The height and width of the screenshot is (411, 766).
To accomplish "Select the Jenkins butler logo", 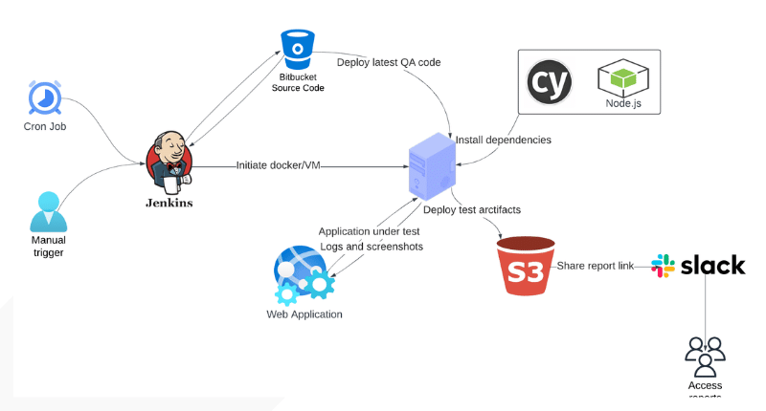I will pos(169,161).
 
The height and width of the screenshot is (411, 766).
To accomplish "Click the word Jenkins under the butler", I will pos(170,203).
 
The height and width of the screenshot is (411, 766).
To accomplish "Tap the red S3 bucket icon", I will pos(526,267).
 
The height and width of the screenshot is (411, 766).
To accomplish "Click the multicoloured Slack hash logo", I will pos(663,265).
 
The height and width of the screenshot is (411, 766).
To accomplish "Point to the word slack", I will pos(712,264).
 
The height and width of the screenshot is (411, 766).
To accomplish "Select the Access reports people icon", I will pos(705,357).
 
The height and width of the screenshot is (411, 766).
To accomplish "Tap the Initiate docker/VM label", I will pos(278,165).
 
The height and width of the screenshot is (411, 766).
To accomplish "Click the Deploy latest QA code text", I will pos(389,62).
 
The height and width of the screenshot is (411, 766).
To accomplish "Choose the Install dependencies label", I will pos(503,140).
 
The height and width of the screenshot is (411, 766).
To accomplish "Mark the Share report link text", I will pos(595,266).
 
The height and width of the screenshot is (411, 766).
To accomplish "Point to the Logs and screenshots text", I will pos(370,246).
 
